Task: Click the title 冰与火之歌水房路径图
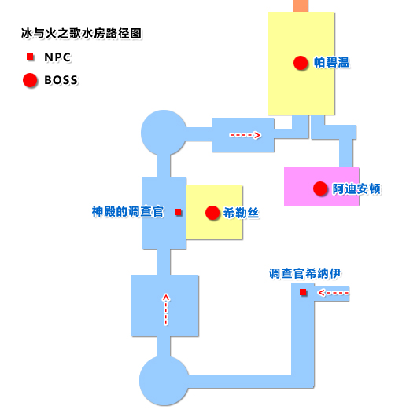tap(83, 35)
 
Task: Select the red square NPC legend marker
tap(30, 57)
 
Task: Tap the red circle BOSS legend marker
tap(30, 79)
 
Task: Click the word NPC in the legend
tap(57, 57)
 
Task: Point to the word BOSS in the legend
tap(61, 79)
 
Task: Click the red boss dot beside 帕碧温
tap(299, 62)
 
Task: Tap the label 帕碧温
tap(331, 62)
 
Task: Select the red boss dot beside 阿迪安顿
tap(319, 188)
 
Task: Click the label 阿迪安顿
tap(356, 188)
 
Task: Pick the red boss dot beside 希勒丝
tap(211, 212)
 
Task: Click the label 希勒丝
tap(242, 212)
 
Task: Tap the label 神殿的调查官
tap(127, 212)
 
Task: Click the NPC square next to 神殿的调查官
tap(179, 212)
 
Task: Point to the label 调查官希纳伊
tap(303, 273)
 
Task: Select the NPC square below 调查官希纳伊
tap(304, 293)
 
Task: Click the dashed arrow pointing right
tap(245, 135)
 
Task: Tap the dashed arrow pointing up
tap(165, 309)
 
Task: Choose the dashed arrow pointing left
tap(333, 293)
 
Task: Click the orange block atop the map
tap(301, 5)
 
